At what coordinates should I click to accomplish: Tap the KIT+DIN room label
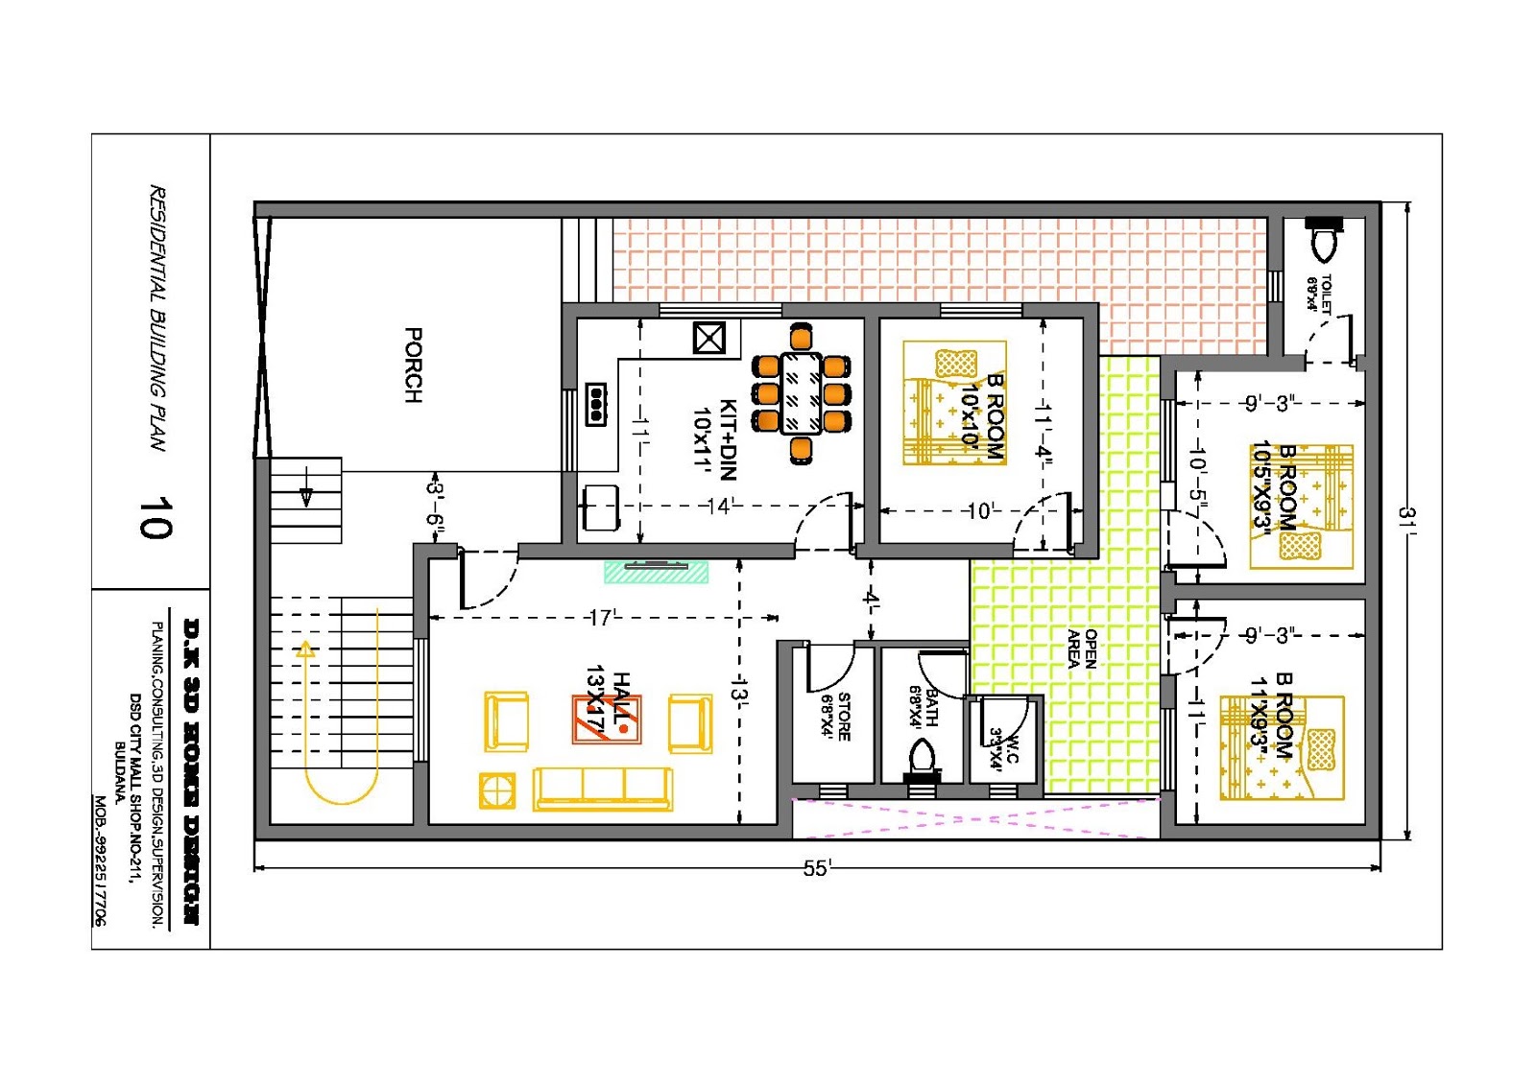(716, 438)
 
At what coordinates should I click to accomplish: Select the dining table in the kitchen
(801, 392)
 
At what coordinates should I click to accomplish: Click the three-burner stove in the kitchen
(596, 404)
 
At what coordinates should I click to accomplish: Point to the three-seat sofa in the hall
(603, 789)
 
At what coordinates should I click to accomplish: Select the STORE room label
(836, 716)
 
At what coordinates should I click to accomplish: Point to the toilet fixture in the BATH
(922, 757)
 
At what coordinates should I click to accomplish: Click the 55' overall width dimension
(816, 868)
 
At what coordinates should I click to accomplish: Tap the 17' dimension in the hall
(603, 618)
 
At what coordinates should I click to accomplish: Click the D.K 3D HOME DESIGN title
(191, 771)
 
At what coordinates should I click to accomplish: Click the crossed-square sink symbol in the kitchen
(708, 338)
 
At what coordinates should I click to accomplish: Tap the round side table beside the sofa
(496, 790)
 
